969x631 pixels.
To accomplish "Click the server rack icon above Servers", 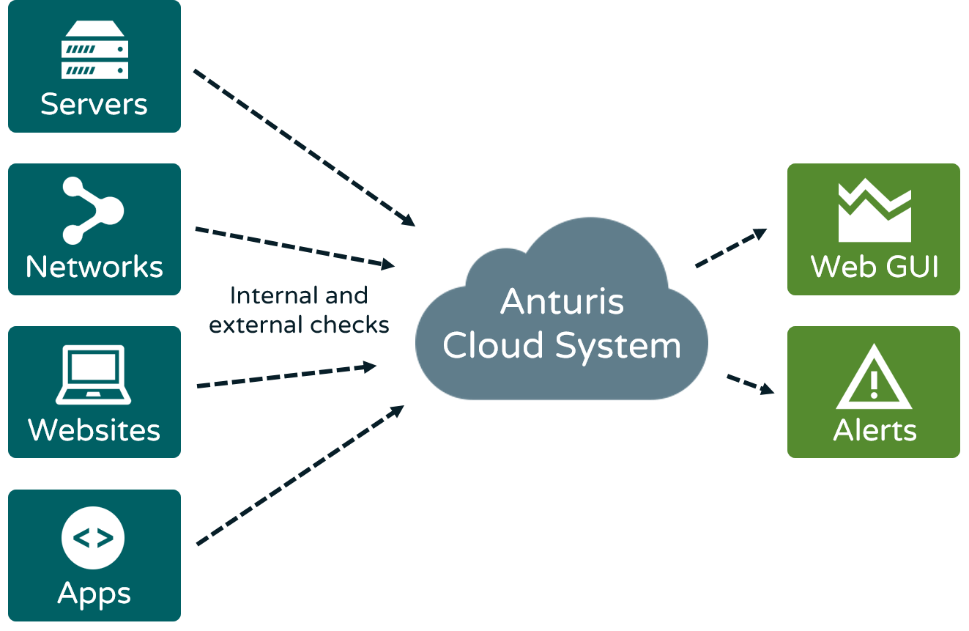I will pyautogui.click(x=94, y=49).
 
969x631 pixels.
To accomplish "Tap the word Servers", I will pyautogui.click(x=94, y=104).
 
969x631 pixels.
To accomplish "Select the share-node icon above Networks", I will pyautogui.click(x=93, y=210).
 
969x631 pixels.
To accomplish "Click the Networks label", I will pyautogui.click(x=94, y=267).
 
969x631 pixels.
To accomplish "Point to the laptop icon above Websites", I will pyautogui.click(x=94, y=374).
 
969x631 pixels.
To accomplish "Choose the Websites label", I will pyautogui.click(x=94, y=429).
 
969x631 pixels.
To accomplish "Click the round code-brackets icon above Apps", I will pyautogui.click(x=93, y=538).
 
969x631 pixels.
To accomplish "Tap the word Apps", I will pyautogui.click(x=94, y=594).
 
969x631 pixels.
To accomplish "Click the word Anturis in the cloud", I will pyautogui.click(x=562, y=302).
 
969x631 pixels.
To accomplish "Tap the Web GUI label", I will pyautogui.click(x=875, y=267).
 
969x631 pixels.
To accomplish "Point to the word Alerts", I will pyautogui.click(x=875, y=430).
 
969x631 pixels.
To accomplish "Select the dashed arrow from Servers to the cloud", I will pyautogui.click(x=304, y=147).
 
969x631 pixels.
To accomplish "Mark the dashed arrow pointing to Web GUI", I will pyautogui.click(x=730, y=248).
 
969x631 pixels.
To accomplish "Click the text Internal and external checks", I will pyautogui.click(x=299, y=310).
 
